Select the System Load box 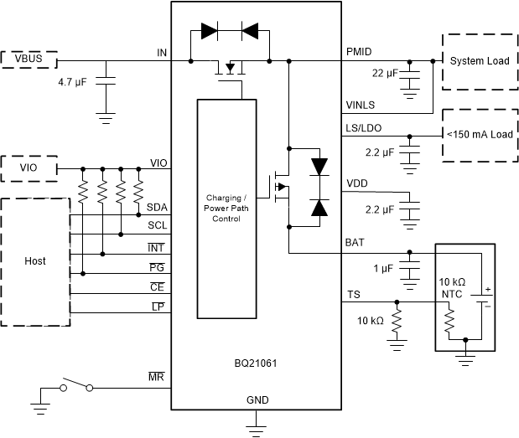(x=479, y=61)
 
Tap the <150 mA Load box (x=479, y=134)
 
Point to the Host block (x=34, y=260)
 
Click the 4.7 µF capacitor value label (x=75, y=84)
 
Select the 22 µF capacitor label (x=385, y=74)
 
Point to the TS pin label (x=353, y=294)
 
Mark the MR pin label (x=157, y=379)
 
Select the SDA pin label (x=157, y=206)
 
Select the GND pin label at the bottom (x=257, y=400)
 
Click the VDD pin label (x=357, y=183)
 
